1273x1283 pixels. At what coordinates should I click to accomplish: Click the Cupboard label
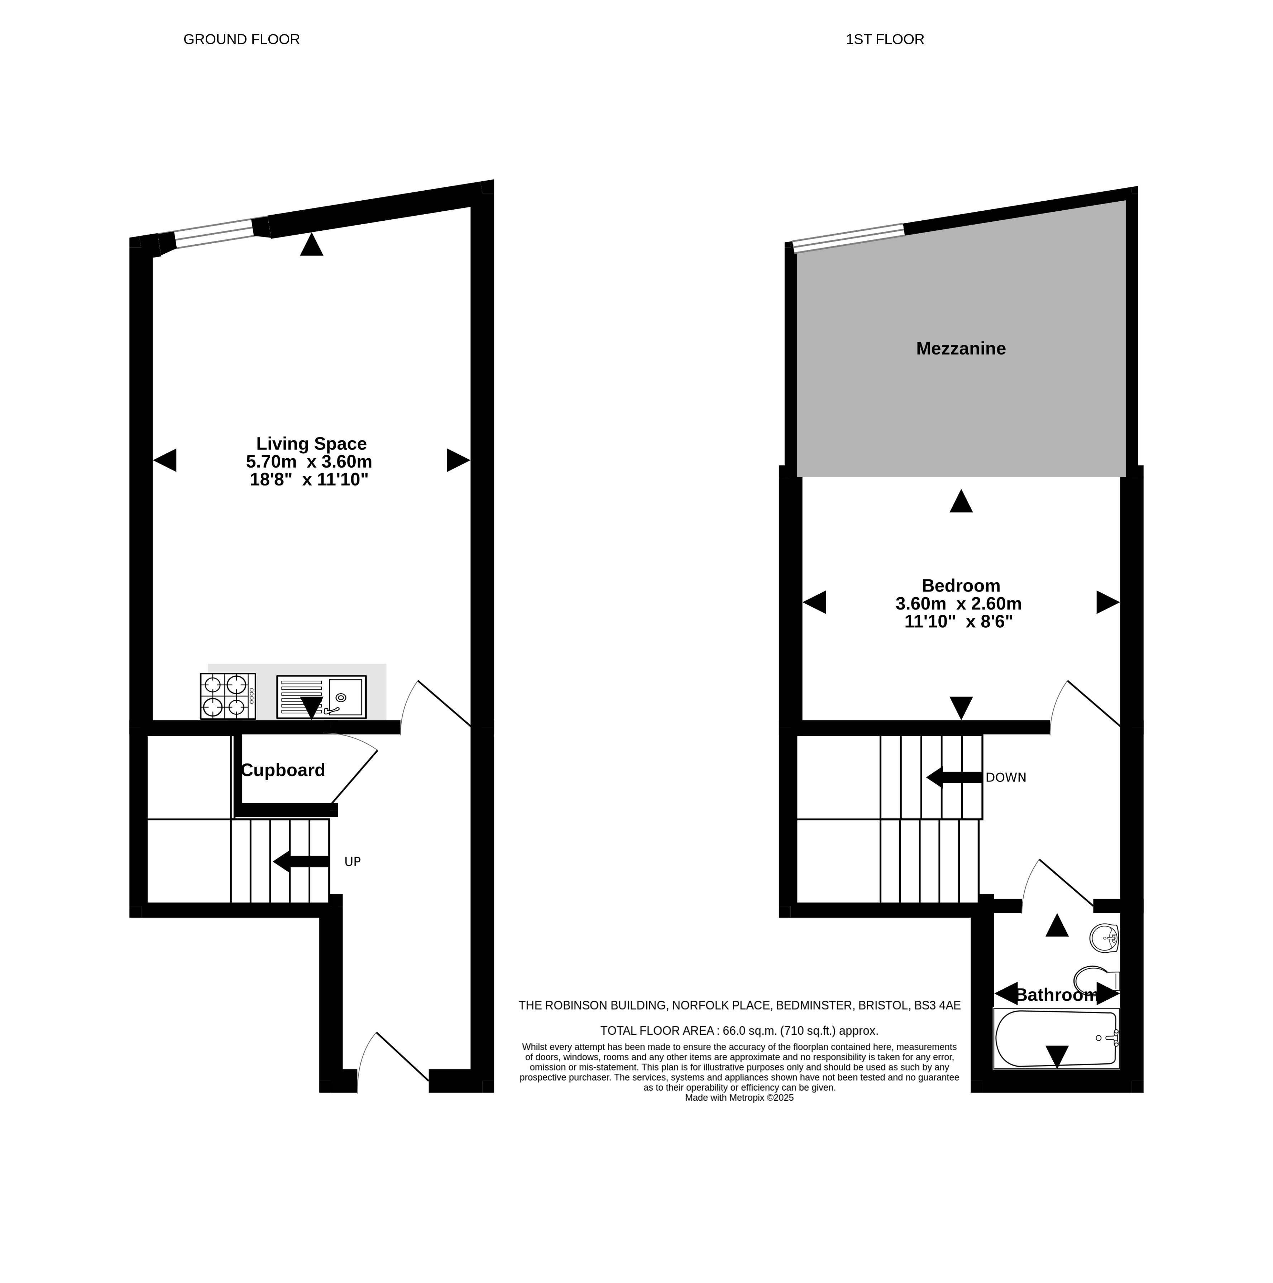click(x=283, y=770)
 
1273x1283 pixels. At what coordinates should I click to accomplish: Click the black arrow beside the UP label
click(x=301, y=861)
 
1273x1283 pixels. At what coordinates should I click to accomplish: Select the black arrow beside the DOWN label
click(x=954, y=777)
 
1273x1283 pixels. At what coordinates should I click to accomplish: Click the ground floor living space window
click(x=214, y=234)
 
